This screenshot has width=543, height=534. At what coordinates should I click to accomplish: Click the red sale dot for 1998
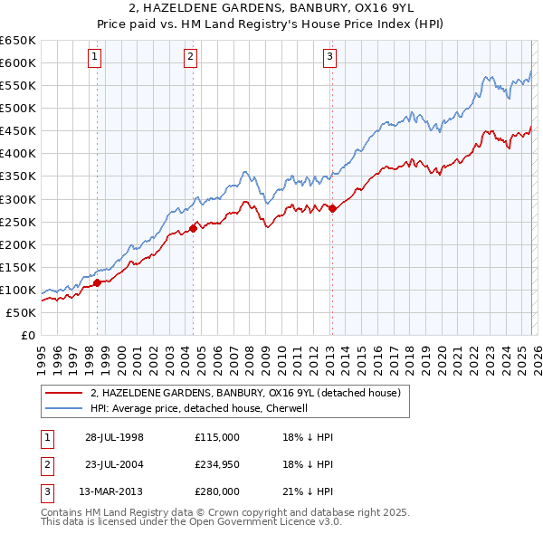click(x=97, y=282)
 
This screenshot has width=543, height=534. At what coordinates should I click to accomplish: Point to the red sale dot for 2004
click(x=193, y=228)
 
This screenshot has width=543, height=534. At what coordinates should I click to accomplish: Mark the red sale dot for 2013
click(x=331, y=208)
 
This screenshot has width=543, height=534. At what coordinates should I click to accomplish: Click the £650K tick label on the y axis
click(x=18, y=41)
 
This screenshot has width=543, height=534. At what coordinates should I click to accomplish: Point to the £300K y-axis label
click(x=18, y=199)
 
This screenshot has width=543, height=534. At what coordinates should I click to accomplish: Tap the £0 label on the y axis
click(x=27, y=335)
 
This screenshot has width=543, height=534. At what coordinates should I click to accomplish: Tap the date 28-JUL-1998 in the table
click(x=115, y=437)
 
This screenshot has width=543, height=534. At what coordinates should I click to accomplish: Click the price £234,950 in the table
click(x=217, y=464)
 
